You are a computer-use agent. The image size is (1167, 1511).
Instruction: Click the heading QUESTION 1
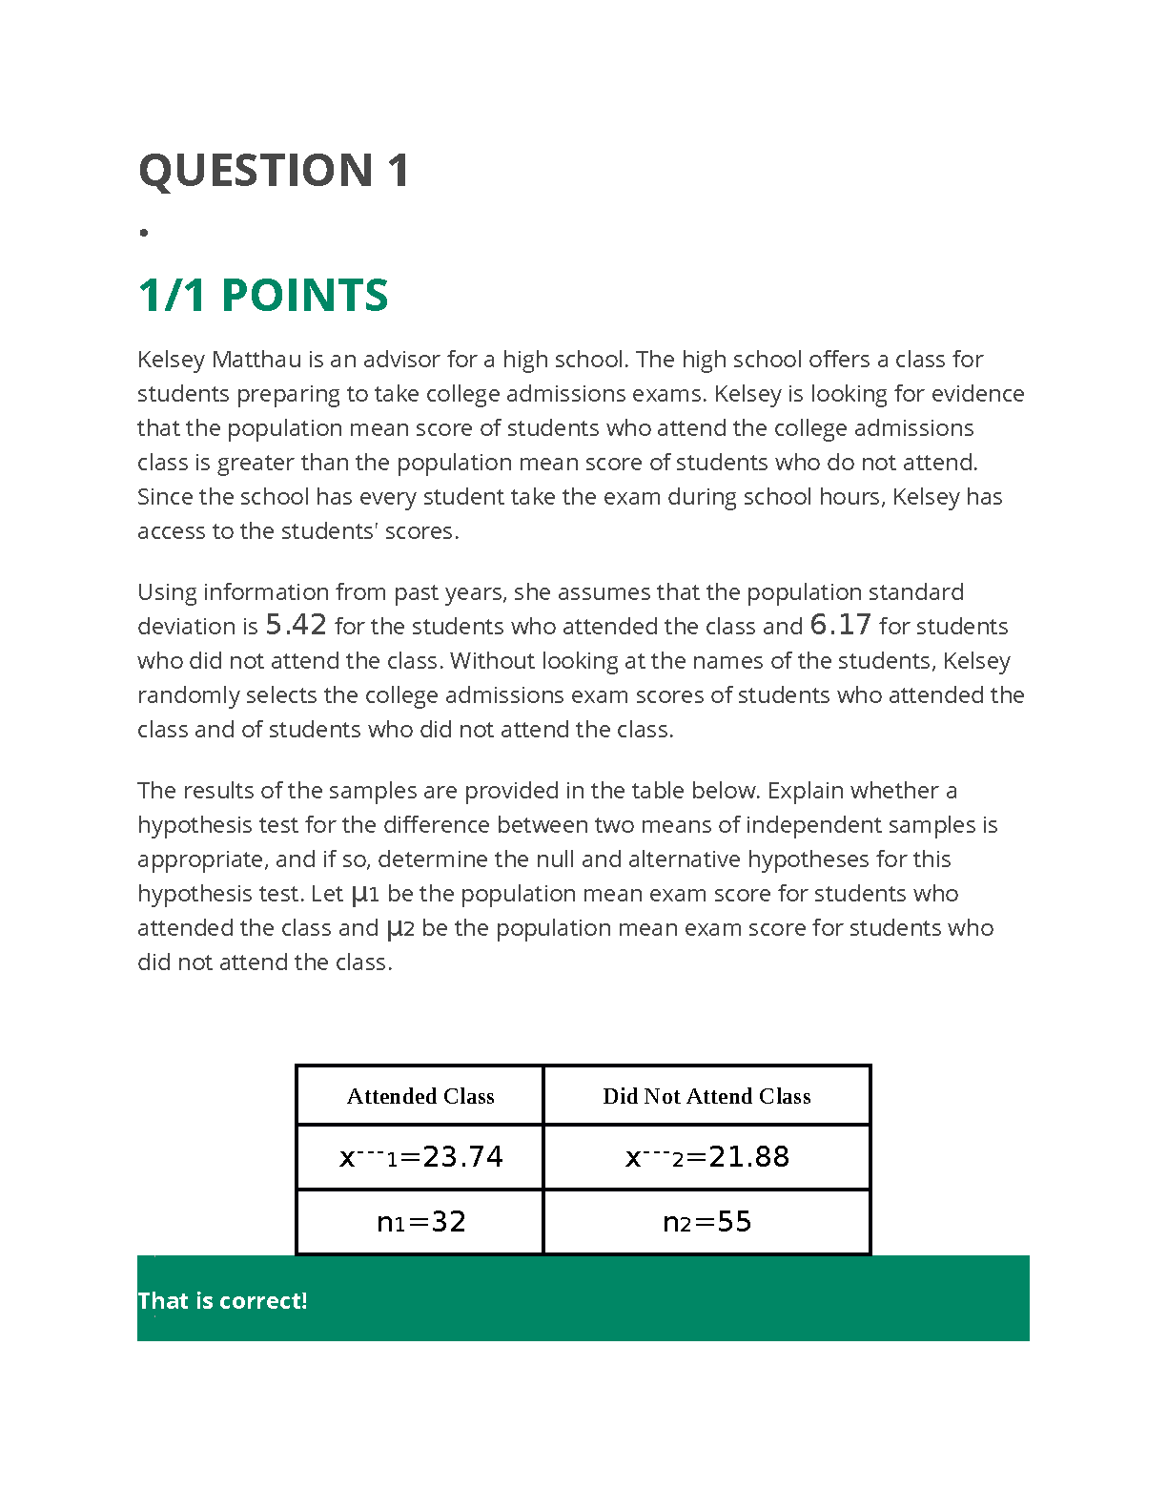pos(274,172)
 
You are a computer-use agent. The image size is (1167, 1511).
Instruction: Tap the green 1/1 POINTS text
pos(263,296)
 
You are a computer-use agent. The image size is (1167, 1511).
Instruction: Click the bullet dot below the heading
pos(144,233)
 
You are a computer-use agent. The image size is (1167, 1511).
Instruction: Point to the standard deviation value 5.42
pos(296,626)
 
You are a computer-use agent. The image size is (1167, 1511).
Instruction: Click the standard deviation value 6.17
pos(840,626)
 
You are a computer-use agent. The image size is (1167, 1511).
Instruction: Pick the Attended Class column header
pos(420,1096)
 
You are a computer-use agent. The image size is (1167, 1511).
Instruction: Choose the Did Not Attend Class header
pos(706,1096)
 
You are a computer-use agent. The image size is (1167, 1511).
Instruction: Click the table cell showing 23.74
pos(420,1157)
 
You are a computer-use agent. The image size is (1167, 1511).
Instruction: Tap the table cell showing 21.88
pos(706,1157)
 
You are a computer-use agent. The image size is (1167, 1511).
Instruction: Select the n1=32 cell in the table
pos(420,1222)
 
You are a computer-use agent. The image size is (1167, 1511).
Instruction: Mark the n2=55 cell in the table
pos(706,1222)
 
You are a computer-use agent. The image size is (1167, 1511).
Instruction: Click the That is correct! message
pos(222,1301)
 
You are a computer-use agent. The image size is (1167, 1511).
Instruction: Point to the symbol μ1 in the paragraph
pos(365,895)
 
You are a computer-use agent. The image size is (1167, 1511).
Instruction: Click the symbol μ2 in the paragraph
pos(399,929)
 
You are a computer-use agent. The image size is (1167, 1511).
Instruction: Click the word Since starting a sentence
pos(164,497)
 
